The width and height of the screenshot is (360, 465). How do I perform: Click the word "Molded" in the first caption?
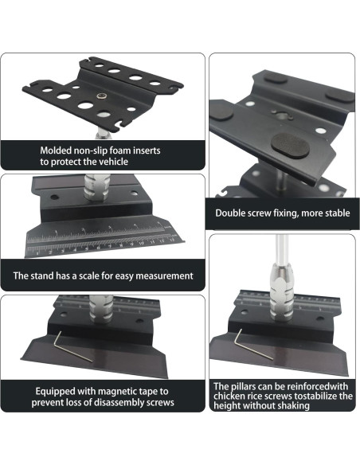click(x=53, y=150)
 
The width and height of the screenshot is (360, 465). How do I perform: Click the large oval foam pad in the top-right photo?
click(x=291, y=145)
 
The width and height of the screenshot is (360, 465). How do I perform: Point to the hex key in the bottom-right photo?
click(x=253, y=345)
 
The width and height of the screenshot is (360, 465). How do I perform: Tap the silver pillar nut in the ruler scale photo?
click(x=96, y=187)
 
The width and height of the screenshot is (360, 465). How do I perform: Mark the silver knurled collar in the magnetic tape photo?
click(x=101, y=309)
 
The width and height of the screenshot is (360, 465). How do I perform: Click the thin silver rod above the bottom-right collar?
click(x=281, y=249)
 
